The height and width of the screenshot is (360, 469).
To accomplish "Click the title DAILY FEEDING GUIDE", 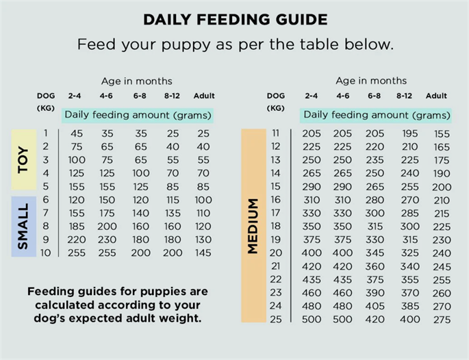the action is point(236,20).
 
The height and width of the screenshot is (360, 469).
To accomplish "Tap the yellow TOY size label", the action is point(24,159).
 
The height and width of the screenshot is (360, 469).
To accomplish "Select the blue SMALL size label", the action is point(24,227).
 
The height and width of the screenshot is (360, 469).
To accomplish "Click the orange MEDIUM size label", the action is point(253,226).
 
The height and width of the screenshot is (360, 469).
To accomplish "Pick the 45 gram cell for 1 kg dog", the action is point(77,133).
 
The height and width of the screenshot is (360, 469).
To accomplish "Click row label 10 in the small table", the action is point(45,253).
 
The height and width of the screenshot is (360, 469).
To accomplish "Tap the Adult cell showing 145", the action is point(203,253).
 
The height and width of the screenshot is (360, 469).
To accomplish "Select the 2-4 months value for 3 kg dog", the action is point(77,160).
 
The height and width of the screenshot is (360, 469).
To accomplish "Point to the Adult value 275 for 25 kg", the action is point(442,320).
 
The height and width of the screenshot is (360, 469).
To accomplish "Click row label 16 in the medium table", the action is point(275,199).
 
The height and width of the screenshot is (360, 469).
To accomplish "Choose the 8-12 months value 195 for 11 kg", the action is point(410,133).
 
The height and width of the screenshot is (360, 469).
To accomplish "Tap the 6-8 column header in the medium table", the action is point(375,96).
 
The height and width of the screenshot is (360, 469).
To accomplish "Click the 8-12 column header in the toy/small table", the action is point(172,96).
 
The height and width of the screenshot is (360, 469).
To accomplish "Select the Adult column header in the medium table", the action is point(436,96).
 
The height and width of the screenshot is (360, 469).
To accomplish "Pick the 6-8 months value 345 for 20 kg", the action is point(375,253).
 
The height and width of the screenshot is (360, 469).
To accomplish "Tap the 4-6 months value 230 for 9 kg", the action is point(107,240).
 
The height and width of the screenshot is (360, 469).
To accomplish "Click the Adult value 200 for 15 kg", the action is point(442,187).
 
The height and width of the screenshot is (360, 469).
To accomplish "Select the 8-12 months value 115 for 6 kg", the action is point(173,200).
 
